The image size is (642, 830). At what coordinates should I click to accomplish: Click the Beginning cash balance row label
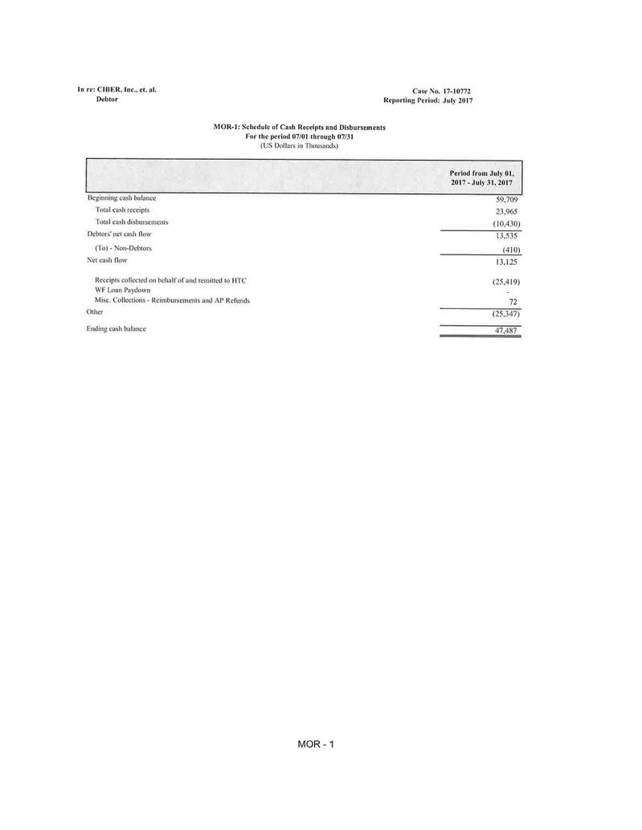[121, 197]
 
